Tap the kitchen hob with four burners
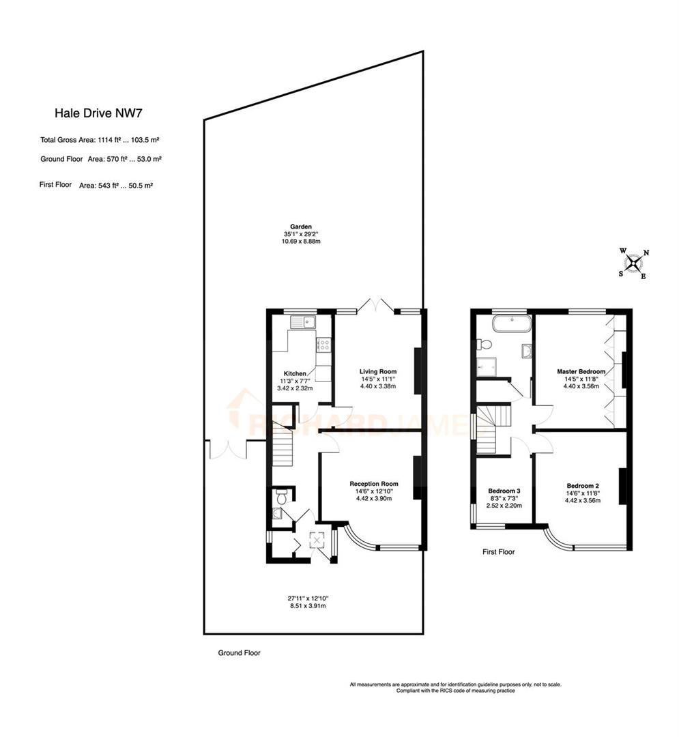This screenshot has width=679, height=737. (x=323, y=345)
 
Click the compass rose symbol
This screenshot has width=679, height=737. (x=635, y=263)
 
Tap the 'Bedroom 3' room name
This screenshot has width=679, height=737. (x=504, y=491)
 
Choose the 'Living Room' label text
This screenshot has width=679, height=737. (x=378, y=371)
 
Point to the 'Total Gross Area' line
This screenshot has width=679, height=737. (x=100, y=140)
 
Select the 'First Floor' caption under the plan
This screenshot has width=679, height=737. (x=498, y=551)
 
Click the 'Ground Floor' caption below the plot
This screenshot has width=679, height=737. (x=239, y=652)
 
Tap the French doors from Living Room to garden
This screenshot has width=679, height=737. (x=378, y=306)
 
